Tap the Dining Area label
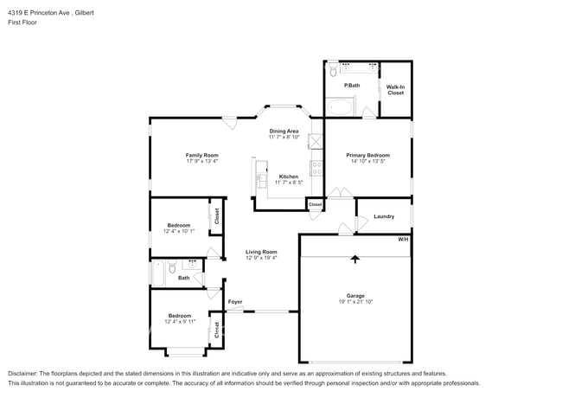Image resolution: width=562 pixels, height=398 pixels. coord(284,131)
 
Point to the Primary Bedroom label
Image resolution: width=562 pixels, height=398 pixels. coord(367,155)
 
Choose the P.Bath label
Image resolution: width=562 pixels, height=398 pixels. coord(352,86)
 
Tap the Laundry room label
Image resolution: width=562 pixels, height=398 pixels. coord(384,216)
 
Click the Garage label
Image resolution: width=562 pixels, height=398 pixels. coord(354,295)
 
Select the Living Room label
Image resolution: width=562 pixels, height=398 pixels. coord(260,252)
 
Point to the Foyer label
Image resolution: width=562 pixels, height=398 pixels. coord(235,302)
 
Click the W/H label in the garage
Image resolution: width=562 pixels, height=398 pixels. coord(402,239)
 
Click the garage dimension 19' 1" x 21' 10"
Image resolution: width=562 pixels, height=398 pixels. coord(354,302)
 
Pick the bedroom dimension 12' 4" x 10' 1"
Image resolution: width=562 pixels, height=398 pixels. coord(180,231)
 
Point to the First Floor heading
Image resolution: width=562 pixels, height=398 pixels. coord(24,23)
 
